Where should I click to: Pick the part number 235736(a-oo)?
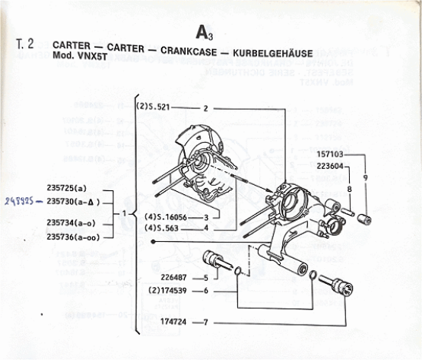click(74, 236)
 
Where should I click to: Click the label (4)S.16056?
click(164, 217)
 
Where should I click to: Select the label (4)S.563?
click(160, 227)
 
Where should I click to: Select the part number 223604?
click(331, 166)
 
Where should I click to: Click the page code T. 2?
click(25, 45)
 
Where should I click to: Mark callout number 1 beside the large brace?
click(124, 213)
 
